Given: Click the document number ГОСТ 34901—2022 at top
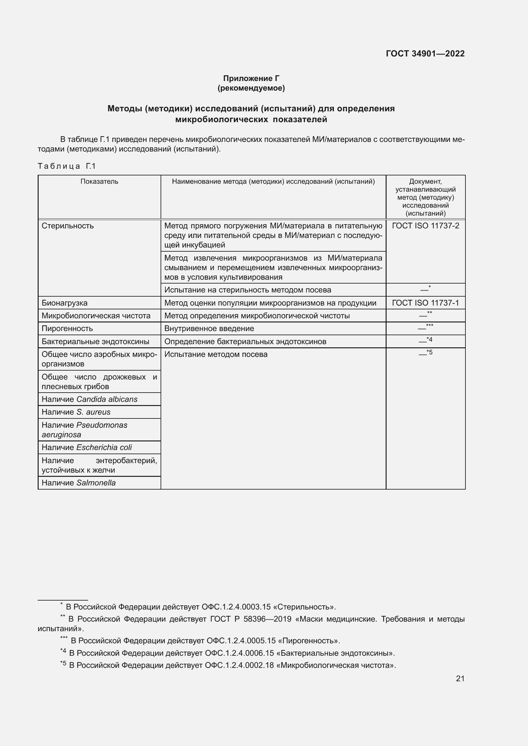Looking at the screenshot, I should click(425, 54).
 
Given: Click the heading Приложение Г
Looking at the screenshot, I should click(251, 78).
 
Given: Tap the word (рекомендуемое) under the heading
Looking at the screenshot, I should click(251, 88).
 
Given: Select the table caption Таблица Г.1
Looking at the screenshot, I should click(67, 166).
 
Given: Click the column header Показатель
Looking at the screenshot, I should click(99, 181).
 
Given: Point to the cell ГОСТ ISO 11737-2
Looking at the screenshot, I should click(425, 226).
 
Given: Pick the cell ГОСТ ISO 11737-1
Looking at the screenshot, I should click(425, 303).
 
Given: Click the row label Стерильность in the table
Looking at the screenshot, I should click(68, 226).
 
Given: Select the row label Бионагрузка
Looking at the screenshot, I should click(64, 303).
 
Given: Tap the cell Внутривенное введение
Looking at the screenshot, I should click(209, 329).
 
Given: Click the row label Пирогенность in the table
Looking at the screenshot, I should click(67, 329).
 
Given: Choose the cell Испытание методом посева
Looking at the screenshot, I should click(216, 354).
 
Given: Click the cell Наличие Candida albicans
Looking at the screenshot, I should click(89, 399).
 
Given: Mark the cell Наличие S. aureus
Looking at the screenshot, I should click(76, 412).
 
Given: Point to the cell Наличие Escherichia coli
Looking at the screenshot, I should click(87, 448).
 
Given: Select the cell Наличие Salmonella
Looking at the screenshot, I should click(79, 483).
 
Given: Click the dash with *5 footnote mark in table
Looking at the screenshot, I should click(425, 353).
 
